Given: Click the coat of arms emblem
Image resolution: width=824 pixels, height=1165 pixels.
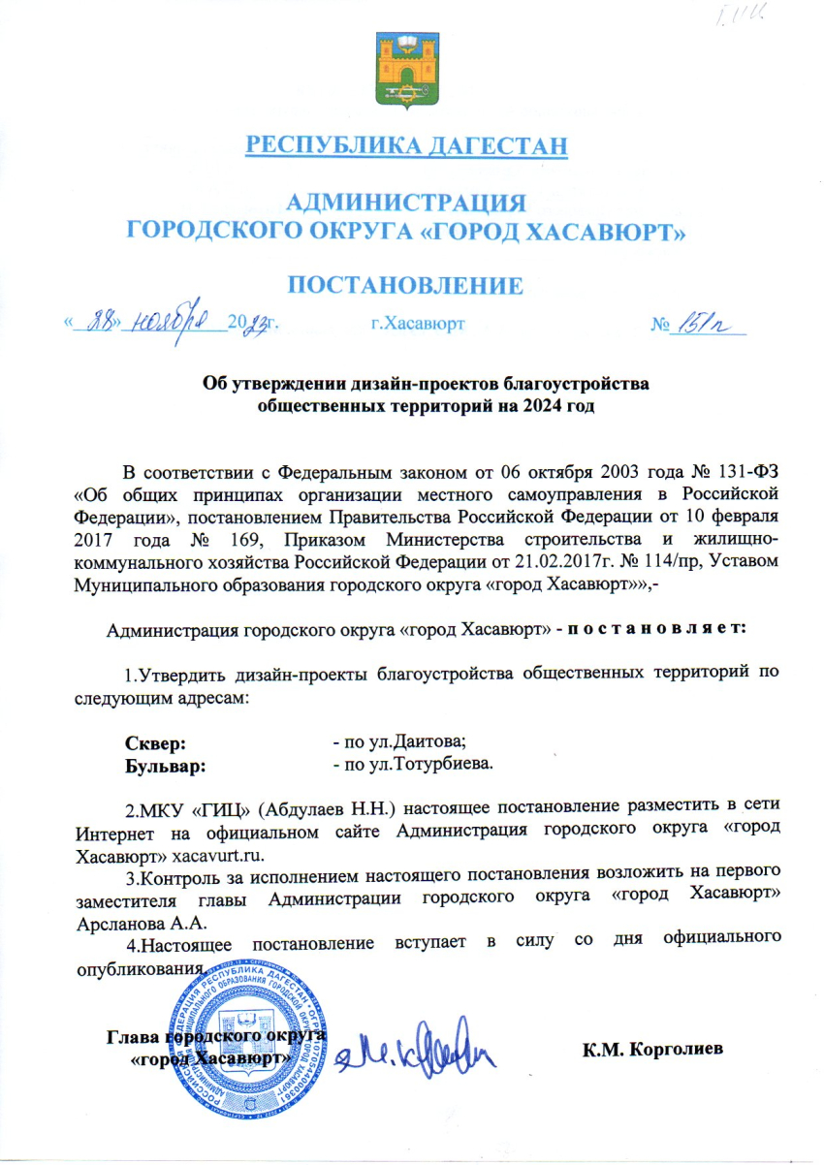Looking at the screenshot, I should (x=405, y=74).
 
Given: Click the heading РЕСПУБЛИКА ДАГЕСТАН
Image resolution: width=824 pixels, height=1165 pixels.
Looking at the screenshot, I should (x=406, y=146).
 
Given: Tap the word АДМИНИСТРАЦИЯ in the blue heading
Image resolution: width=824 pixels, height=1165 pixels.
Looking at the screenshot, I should (x=408, y=204).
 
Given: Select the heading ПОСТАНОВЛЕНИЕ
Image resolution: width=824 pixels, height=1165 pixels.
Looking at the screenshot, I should (x=408, y=285).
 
